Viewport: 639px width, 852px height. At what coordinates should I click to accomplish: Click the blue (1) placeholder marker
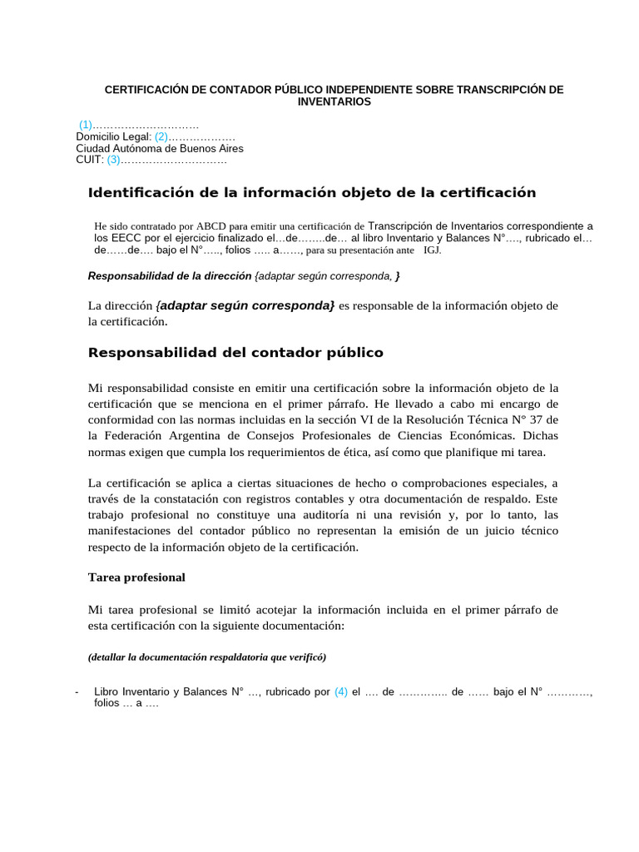pyautogui.click(x=86, y=124)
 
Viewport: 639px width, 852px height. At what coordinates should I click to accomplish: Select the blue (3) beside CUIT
pyautogui.click(x=114, y=160)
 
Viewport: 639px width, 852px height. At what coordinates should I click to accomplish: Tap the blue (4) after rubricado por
pyautogui.click(x=341, y=691)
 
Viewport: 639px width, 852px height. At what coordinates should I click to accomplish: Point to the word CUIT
pyautogui.click(x=89, y=160)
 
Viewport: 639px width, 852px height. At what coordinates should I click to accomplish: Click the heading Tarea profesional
pyautogui.click(x=136, y=577)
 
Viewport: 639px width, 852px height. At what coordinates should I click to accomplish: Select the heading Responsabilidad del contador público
pyautogui.click(x=235, y=352)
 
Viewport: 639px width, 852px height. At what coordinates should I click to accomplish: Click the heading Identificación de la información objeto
pyautogui.click(x=312, y=193)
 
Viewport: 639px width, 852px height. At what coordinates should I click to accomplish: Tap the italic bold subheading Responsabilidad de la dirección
pyautogui.click(x=170, y=275)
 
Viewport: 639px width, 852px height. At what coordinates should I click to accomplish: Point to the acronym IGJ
pyautogui.click(x=433, y=249)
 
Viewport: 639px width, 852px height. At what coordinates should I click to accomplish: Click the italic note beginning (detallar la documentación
pyautogui.click(x=207, y=656)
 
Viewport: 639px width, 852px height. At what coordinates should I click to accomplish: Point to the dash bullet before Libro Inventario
pyautogui.click(x=77, y=691)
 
